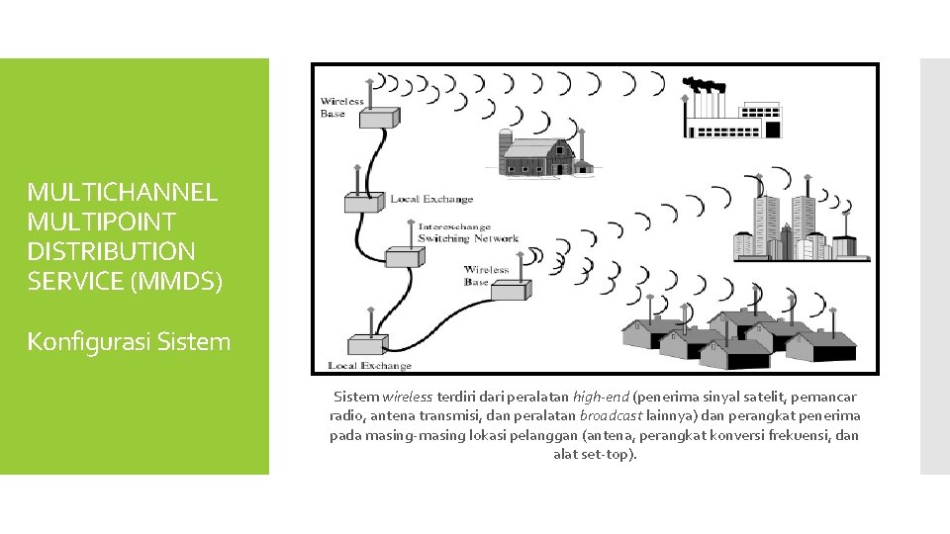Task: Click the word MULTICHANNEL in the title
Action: point(122,191)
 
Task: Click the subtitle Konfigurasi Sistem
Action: point(129,342)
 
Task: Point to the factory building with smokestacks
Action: point(731,118)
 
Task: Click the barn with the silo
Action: point(545,152)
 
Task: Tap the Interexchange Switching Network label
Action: point(467,232)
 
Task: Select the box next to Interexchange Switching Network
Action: point(400,255)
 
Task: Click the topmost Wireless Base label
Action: point(342,107)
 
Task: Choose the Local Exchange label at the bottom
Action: point(369,366)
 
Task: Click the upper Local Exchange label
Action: point(431,199)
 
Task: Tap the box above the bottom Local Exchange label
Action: point(366,343)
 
